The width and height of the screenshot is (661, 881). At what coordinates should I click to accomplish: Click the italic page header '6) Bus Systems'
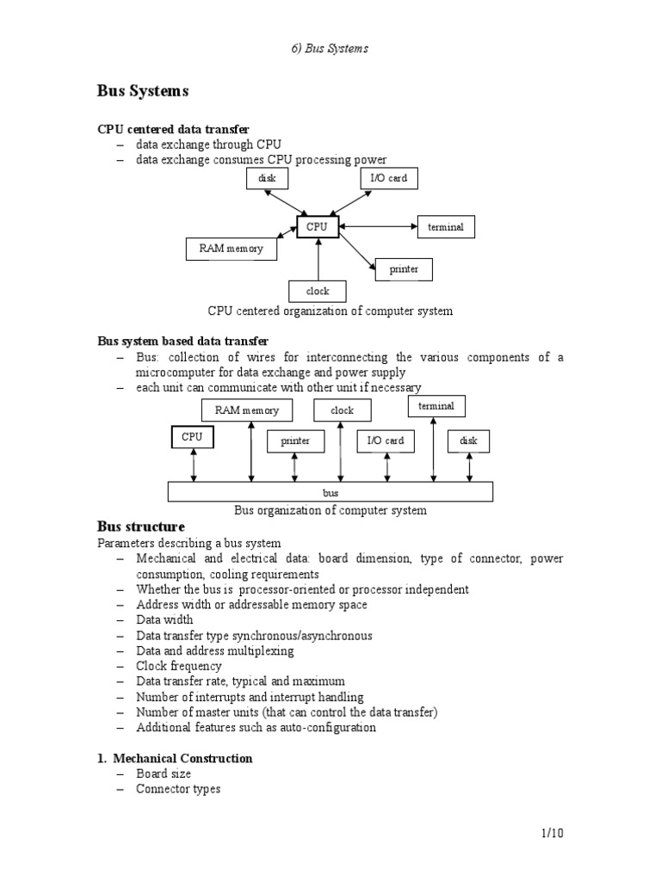pos(330,48)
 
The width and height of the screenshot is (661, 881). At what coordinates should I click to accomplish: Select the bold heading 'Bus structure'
pos(141,527)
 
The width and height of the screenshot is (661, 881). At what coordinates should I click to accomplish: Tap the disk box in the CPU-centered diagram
pos(266,179)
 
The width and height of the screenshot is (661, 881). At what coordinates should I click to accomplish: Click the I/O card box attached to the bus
pos(385,440)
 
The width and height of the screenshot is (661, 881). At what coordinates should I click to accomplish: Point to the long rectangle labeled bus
pos(330,492)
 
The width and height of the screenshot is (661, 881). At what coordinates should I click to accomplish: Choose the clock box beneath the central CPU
pos(318,291)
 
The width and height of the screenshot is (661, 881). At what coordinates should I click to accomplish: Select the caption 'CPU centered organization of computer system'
pos(330,311)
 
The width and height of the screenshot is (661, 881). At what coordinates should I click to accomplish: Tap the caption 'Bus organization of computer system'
pos(330,510)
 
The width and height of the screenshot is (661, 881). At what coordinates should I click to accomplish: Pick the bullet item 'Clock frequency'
pos(178,666)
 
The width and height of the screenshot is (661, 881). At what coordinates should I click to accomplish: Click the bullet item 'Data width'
pos(164,619)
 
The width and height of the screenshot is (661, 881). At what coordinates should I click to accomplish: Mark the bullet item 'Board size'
pos(164,773)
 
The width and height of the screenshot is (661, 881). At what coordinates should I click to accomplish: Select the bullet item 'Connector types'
pos(178,789)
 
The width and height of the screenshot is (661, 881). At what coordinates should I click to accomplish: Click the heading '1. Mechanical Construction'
pos(175,758)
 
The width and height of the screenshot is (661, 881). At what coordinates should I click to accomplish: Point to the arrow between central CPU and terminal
pos(378,227)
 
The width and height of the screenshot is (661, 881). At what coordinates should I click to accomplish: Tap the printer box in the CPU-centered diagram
pos(404,269)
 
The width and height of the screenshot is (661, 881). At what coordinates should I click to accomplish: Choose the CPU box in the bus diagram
pos(193,437)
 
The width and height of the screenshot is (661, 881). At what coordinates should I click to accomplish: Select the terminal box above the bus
pos(436,405)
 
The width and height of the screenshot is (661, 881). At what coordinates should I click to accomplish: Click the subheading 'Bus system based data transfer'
pos(183,342)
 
